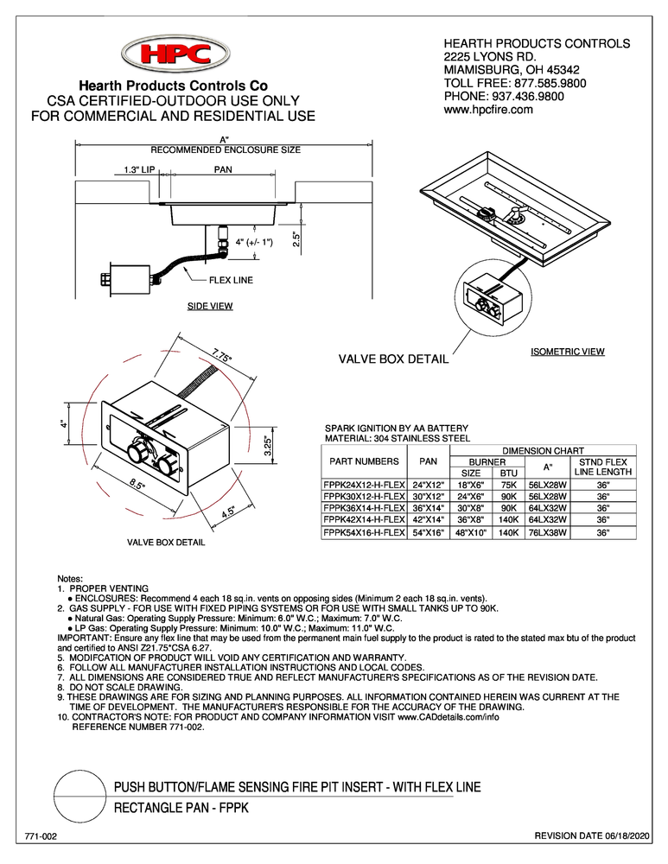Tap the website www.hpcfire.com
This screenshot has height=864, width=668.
click(488, 110)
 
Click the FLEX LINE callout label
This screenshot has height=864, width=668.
click(230, 280)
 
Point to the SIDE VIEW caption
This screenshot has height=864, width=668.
click(210, 307)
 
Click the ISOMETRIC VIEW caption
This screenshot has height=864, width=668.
click(567, 352)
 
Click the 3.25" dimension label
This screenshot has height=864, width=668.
click(268, 447)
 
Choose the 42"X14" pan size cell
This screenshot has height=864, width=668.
click(429, 520)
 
